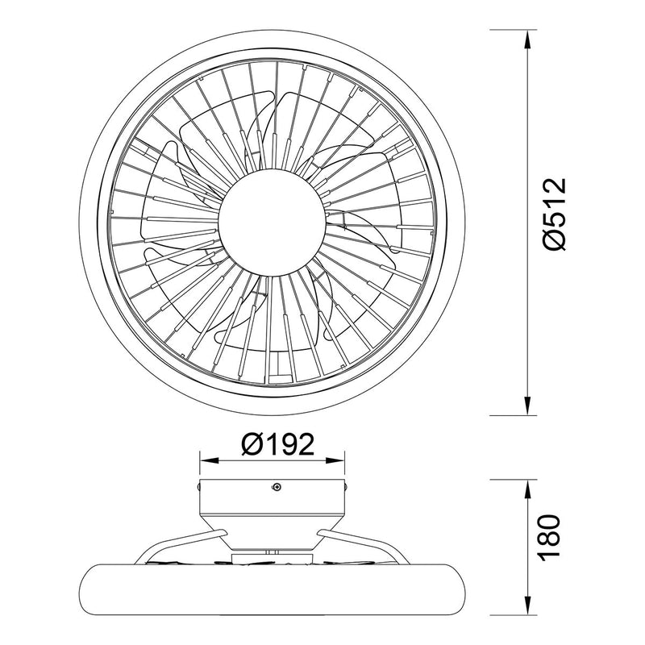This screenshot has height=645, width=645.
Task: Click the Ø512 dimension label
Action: [555, 214]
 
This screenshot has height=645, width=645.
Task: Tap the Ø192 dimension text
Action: [277, 444]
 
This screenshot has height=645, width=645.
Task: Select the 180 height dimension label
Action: [549, 535]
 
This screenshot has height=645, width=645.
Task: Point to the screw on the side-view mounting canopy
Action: [277, 487]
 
